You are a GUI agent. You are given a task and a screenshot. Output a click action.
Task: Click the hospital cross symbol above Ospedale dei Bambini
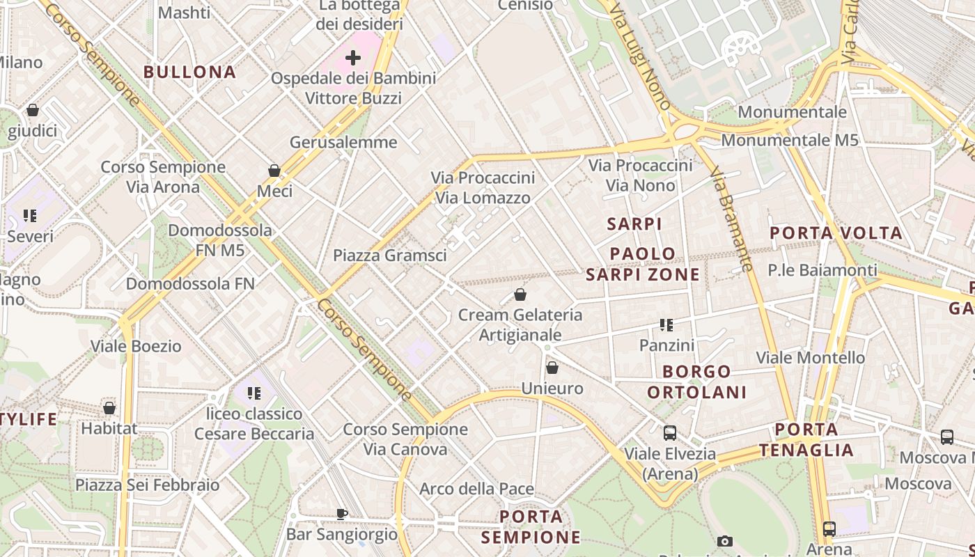pos(353,58)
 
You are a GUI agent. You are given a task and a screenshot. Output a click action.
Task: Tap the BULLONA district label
pos(189,72)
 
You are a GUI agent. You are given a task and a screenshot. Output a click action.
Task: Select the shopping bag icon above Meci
pos(274,171)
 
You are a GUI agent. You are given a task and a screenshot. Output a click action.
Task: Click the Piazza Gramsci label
pos(389,256)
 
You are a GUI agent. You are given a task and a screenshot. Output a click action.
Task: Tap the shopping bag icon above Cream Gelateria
pos(520,295)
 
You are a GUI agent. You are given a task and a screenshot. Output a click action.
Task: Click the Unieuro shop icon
pos(552,368)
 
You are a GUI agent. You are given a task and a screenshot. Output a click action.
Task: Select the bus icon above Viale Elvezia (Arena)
pos(669,433)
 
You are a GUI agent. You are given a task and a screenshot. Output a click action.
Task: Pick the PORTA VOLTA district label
pos(836,233)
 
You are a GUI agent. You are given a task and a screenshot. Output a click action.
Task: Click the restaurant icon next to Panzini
pos(666,325)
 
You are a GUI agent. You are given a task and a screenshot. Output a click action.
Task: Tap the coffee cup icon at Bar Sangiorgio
pos(342,514)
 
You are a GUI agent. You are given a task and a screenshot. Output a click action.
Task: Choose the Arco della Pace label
pos(476,489)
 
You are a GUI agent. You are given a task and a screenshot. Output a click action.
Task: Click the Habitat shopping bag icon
pos(109,408)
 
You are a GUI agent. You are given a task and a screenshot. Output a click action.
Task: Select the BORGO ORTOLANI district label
pos(697,382)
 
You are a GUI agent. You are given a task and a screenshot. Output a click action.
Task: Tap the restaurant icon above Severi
pos(30,216)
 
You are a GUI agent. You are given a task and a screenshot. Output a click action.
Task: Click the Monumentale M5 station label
pos(789,140)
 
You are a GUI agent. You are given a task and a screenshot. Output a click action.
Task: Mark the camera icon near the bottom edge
pos(725,541)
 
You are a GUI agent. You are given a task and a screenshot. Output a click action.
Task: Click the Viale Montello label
pos(810,358)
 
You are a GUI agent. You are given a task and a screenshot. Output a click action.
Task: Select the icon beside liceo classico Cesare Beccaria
pos(253,394)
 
